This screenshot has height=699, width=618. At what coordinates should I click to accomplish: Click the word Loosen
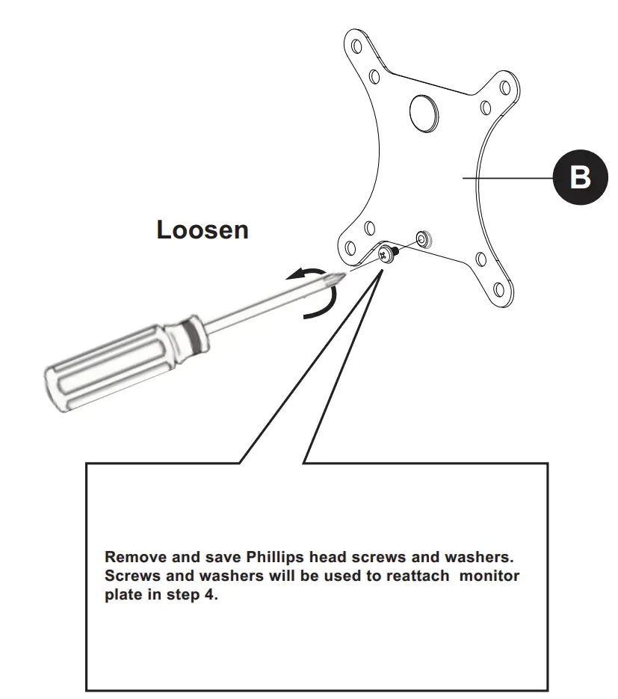[202, 230]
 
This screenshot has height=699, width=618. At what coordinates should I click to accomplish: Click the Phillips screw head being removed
[386, 254]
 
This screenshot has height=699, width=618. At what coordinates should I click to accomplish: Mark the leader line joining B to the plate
[508, 178]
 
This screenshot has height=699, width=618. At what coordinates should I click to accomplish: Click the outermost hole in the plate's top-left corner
[354, 47]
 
